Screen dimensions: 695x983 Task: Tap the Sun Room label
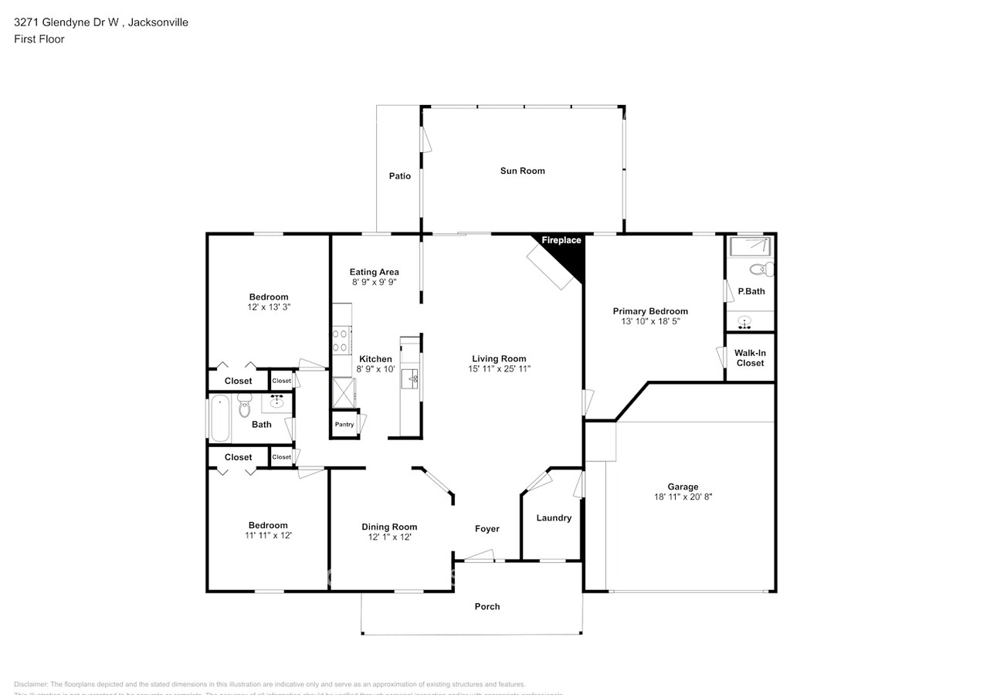coord(523,171)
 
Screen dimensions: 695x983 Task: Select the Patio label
coord(400,176)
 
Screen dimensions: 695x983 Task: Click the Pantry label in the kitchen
coord(344,425)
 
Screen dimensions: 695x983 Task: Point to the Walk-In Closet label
coord(750,358)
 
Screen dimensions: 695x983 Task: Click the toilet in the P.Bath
coord(761,270)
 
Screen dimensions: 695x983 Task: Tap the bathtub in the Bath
coord(220,418)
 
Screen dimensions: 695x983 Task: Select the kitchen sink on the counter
coord(414,378)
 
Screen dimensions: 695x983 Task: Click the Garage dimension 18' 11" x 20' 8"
coord(683,497)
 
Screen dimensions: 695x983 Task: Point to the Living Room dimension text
coord(499,369)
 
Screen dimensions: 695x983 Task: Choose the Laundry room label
coord(554,517)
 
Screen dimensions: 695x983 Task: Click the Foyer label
coord(486,529)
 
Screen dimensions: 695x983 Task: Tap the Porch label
coord(487,606)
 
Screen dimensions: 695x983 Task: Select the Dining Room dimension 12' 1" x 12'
coord(389,537)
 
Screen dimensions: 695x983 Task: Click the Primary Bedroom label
coord(650,311)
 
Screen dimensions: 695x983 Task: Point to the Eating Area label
coord(374,272)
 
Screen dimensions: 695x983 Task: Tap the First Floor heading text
coord(39,39)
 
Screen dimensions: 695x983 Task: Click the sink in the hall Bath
coord(276,402)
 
